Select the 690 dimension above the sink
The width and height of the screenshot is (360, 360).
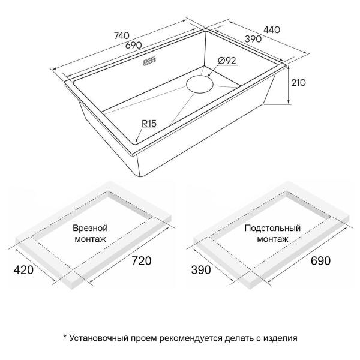point(133,46)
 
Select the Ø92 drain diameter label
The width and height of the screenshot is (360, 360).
point(228,60)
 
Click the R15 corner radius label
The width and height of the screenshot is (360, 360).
point(149,124)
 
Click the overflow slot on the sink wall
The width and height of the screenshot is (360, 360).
point(150,61)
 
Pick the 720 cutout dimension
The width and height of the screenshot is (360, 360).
point(139,261)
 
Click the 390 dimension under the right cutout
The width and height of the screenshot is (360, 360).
point(201,270)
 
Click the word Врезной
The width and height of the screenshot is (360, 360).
point(90,229)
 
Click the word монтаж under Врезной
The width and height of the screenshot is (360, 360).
point(90,239)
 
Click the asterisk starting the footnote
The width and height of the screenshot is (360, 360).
point(65,337)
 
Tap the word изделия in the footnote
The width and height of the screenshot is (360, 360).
point(279,338)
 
